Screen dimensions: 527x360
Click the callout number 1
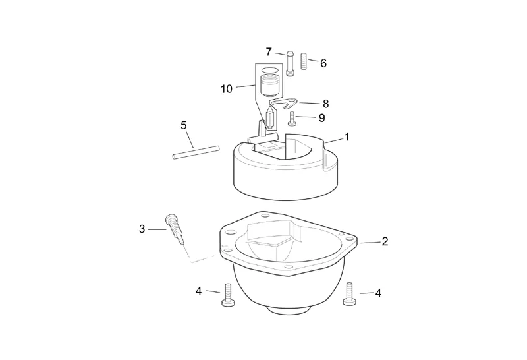pos(347,137)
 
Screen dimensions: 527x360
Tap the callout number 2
pos(385,241)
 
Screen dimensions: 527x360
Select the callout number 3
pos(142,229)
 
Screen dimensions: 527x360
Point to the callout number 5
pos(184,125)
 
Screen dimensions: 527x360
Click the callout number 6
pos(323,63)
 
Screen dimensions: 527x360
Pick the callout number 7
pos(269,52)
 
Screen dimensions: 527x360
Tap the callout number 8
pos(325,104)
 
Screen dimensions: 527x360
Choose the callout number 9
pos(322,118)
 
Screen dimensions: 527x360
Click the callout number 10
pos(227,89)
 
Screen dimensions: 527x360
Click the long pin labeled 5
pos(196,152)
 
